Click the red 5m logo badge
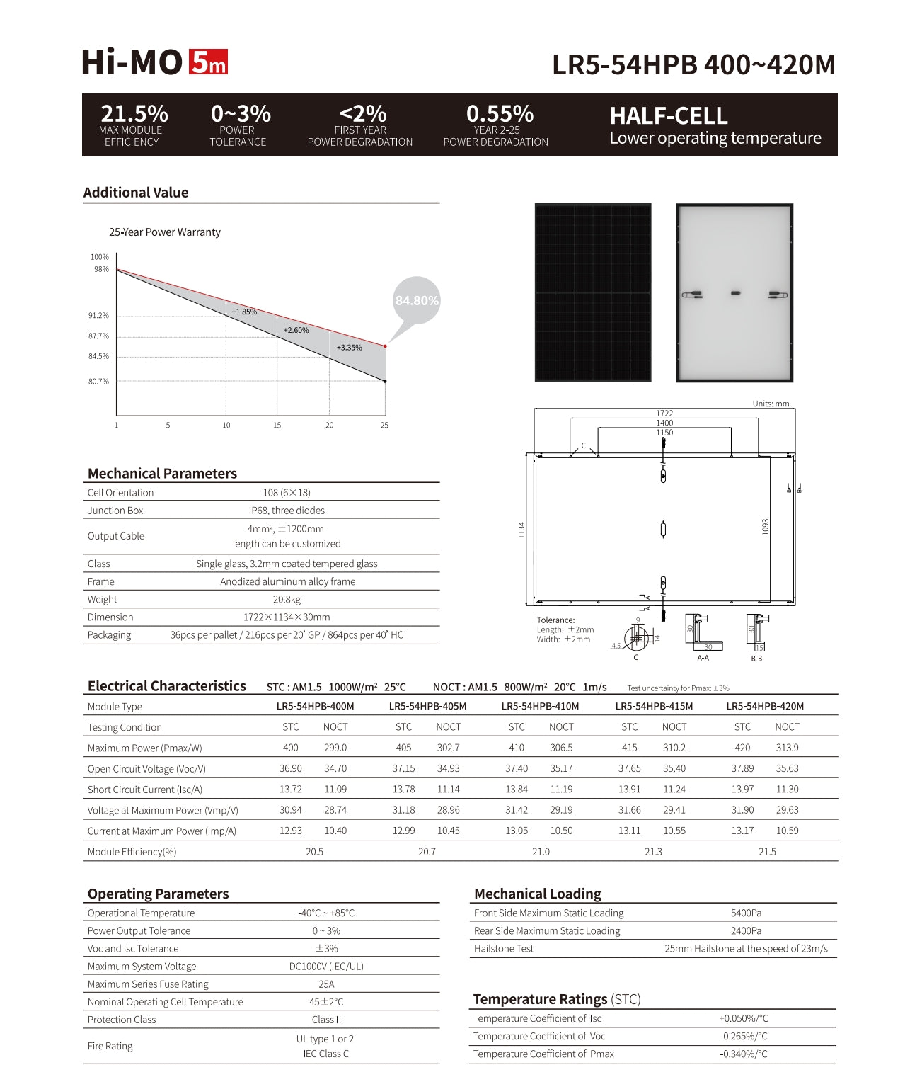pyautogui.click(x=208, y=62)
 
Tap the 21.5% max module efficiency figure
pyautogui.click(x=134, y=113)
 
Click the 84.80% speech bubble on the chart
pyautogui.click(x=417, y=301)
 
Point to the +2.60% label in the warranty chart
pyautogui.click(x=296, y=330)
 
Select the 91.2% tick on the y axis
pyautogui.click(x=98, y=316)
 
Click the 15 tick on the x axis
pyautogui.click(x=277, y=426)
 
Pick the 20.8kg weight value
pyautogui.click(x=287, y=600)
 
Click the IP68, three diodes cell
pyautogui.click(x=287, y=511)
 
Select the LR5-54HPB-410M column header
pyautogui.click(x=540, y=706)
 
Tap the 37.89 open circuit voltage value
pyautogui.click(x=742, y=768)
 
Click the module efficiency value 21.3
pyautogui.click(x=653, y=852)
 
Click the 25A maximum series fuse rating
pyautogui.click(x=326, y=984)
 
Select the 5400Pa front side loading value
pyautogui.click(x=746, y=913)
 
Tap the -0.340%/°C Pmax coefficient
pyautogui.click(x=743, y=1054)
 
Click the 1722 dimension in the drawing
pyautogui.click(x=664, y=414)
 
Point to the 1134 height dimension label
pyautogui.click(x=521, y=529)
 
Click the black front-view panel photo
pyautogui.click(x=593, y=292)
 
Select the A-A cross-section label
pyautogui.click(x=703, y=659)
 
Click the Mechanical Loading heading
pyautogui.click(x=538, y=894)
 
